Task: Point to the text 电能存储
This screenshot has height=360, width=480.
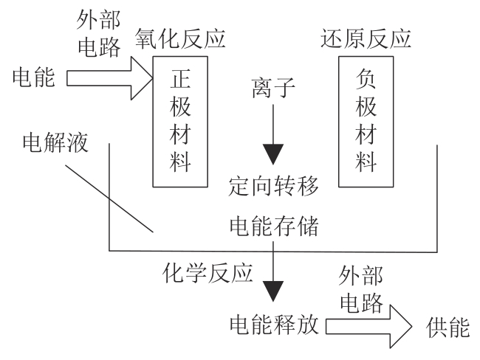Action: click(274, 227)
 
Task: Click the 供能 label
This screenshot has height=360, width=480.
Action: click(448, 325)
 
